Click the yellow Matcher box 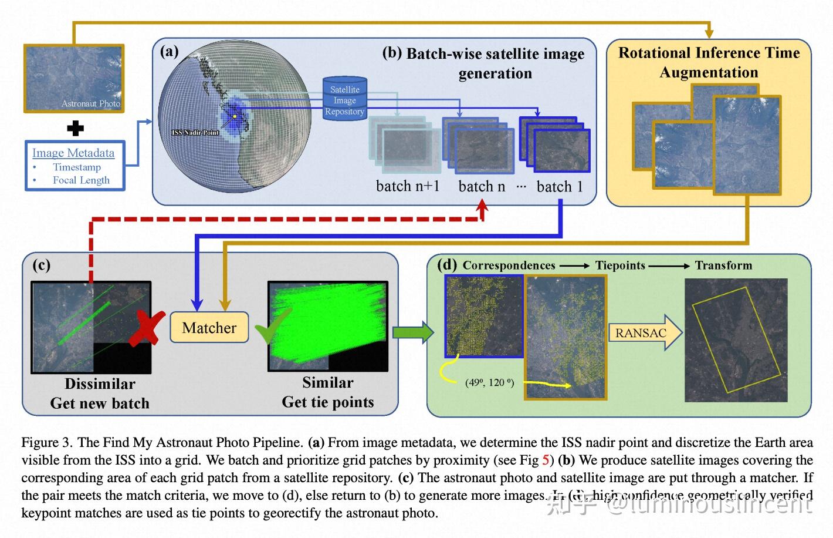pos(209,328)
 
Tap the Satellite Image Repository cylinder pos(345,99)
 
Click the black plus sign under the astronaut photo pos(75,127)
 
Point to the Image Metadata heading pos(73,153)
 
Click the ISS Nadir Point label pos(195,133)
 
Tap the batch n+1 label pos(407,187)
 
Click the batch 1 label pos(560,187)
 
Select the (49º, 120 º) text pos(489,383)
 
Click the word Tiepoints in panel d pos(620,265)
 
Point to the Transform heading pos(723,265)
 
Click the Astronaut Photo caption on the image pos(91,104)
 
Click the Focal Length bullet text pos(81,180)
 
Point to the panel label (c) pos(41,265)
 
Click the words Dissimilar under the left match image pos(100,384)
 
